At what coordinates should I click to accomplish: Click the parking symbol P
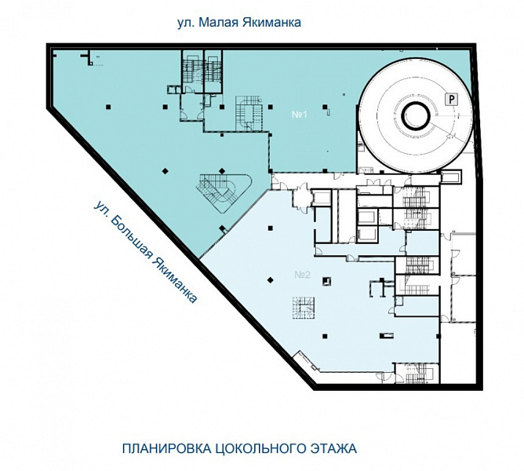451,99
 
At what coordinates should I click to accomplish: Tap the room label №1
300,115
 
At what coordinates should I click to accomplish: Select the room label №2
303,276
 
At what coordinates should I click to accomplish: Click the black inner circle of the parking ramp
415,116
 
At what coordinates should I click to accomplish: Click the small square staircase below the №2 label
303,308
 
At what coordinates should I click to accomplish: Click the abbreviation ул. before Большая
101,209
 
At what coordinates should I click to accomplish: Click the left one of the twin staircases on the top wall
192,70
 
